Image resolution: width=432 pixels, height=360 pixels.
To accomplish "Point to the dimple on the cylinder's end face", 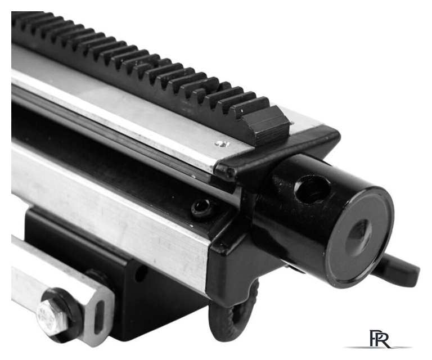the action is coord(359,235).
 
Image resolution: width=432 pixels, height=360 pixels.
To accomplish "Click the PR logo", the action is coord(380,339).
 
